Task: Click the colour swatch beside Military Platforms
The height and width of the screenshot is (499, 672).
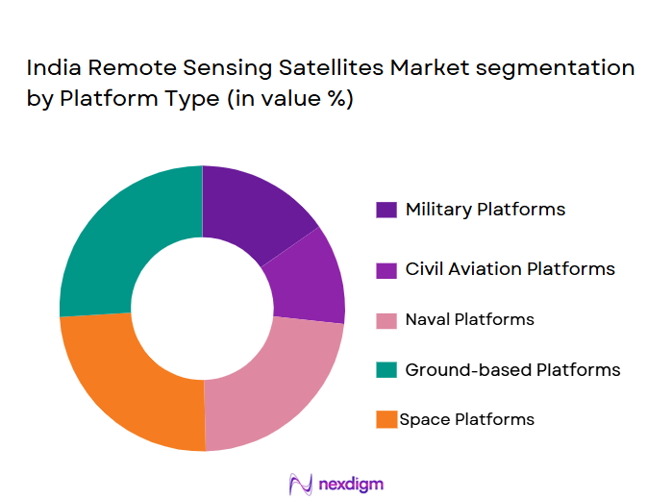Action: pos(386,210)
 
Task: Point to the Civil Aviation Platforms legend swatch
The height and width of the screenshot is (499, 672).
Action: pos(386,269)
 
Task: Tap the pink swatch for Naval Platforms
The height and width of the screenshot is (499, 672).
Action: pos(386,320)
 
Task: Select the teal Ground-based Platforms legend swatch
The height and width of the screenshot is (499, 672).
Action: pos(386,370)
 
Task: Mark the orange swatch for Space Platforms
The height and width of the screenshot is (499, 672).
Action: pos(386,420)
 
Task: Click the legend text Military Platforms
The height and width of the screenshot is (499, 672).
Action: pos(485,210)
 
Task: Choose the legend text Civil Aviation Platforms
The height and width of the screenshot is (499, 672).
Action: pos(510,269)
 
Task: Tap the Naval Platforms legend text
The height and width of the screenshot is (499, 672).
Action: pos(470,319)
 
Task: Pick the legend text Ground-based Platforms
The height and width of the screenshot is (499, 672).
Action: pos(512,370)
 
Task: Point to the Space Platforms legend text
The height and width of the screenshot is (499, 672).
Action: pos(467,419)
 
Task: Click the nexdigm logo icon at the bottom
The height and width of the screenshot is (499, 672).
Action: pos(301,482)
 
